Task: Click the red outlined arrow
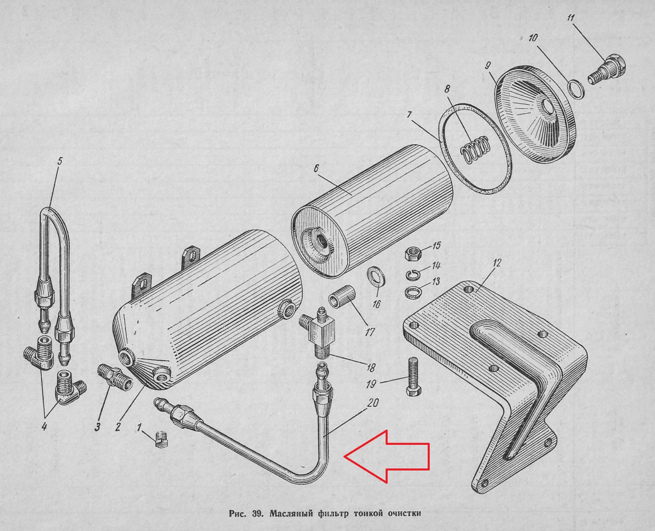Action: click(387, 456)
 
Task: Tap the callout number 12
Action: click(497, 263)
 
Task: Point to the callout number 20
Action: click(373, 403)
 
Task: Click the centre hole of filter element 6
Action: click(321, 242)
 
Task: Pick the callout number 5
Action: click(60, 162)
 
